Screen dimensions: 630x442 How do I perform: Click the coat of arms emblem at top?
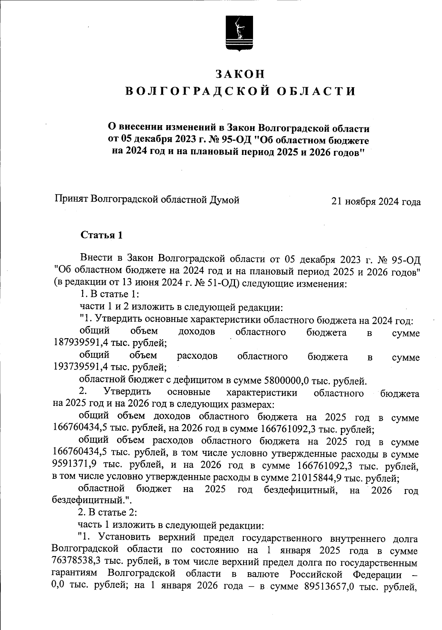point(239,33)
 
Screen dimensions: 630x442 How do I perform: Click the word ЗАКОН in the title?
point(240,74)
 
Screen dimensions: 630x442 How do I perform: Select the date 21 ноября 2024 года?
point(376,202)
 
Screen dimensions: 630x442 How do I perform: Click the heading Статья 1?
point(101,235)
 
